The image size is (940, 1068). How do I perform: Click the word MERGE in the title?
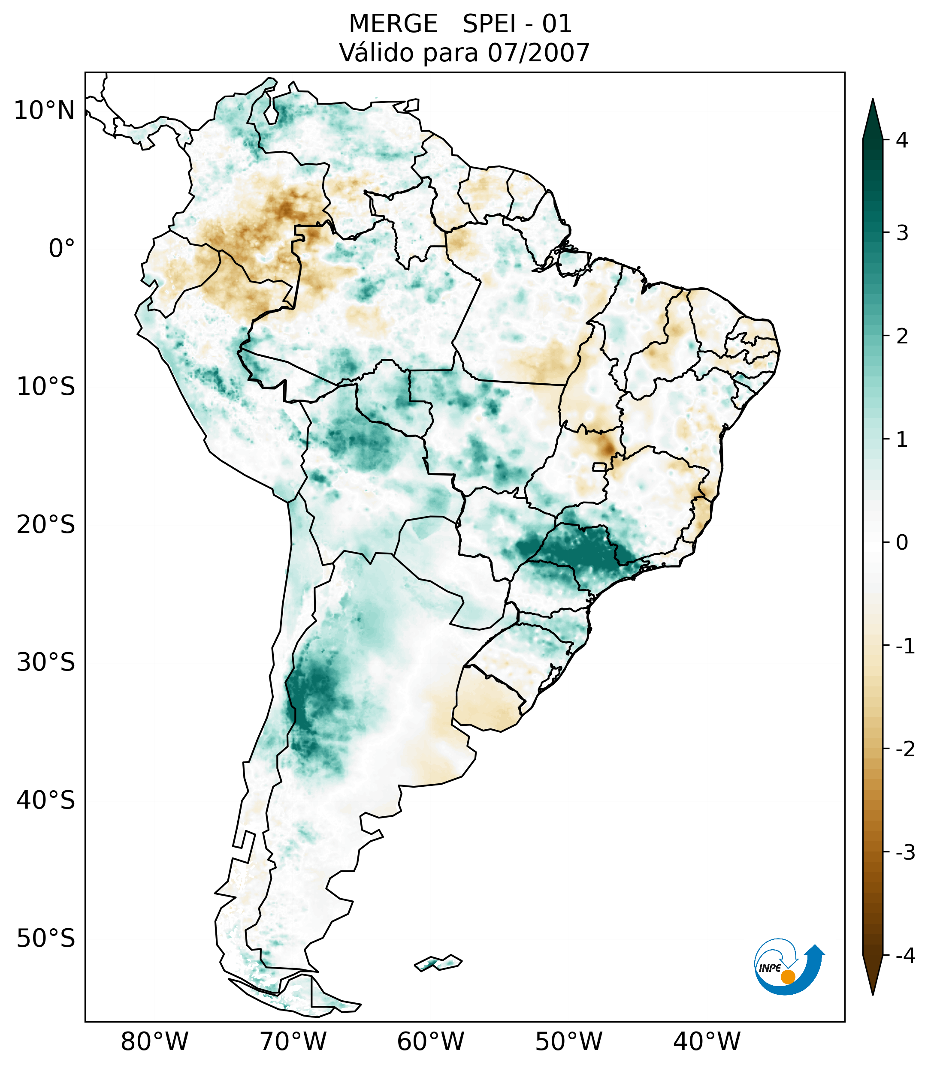(x=393, y=24)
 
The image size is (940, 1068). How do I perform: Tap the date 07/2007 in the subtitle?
(x=538, y=53)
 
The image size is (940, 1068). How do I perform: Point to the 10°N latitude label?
(x=45, y=111)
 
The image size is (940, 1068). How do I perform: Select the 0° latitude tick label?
(x=62, y=249)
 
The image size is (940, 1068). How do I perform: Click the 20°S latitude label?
(x=46, y=525)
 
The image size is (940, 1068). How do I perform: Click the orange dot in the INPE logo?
(x=788, y=977)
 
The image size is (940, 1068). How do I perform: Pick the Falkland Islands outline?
(x=438, y=963)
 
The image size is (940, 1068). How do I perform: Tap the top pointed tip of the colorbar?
(x=872, y=100)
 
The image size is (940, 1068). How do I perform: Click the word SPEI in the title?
(x=490, y=24)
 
